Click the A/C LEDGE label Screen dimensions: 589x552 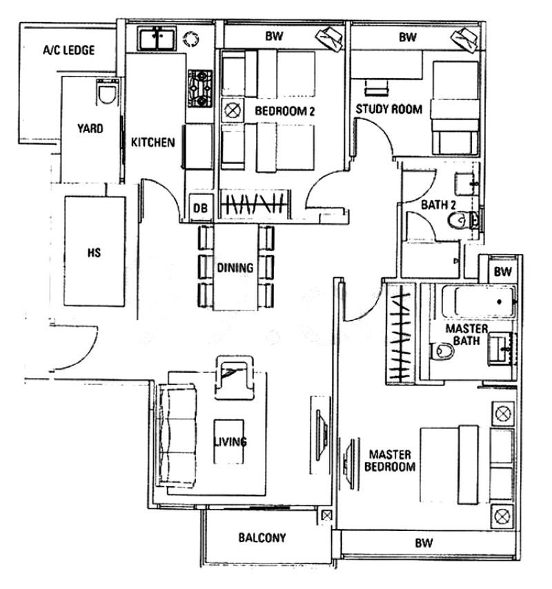(68, 50)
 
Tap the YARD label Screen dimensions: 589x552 (90, 128)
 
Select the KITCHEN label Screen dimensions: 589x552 (152, 143)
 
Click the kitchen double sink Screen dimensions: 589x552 (157, 39)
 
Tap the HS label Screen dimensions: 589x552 (94, 252)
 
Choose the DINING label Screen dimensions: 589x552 (235, 268)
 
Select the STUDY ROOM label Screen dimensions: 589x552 (388, 109)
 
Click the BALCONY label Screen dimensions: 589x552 (262, 538)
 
